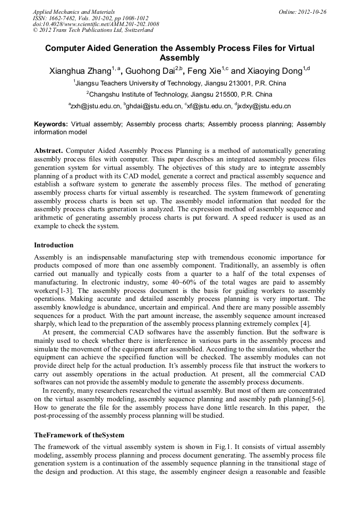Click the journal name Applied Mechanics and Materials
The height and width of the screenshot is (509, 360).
coord(74,11)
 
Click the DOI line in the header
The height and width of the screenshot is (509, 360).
coord(96,24)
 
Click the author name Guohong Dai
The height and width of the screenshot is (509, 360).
coord(150,70)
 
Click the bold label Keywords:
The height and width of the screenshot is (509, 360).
coord(51,124)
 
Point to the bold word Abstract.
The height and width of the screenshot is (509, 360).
coord(49,150)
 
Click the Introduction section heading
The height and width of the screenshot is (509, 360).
coord(54,245)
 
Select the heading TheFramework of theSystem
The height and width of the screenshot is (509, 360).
coord(79,435)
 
